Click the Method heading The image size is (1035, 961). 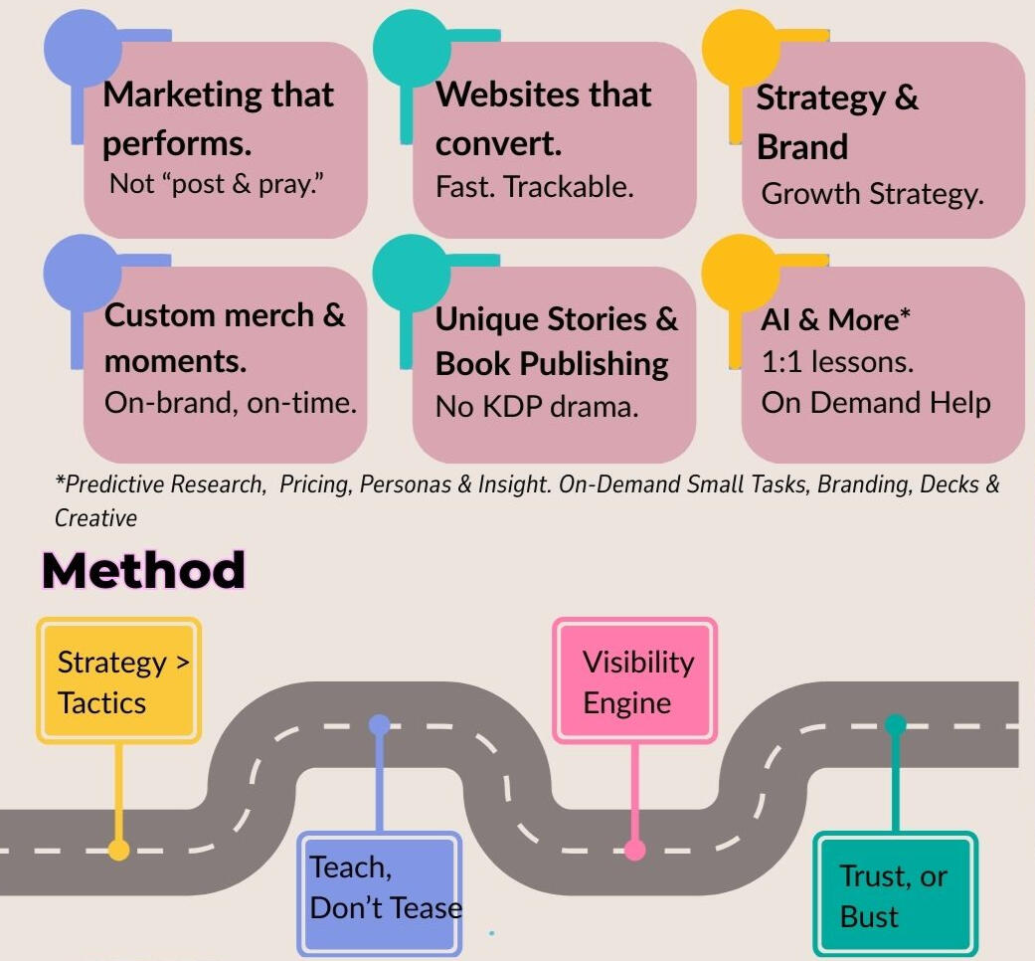tap(143, 570)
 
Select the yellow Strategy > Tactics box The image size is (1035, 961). tap(119, 681)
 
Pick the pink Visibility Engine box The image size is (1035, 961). tap(635, 681)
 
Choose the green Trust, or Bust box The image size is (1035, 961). tap(895, 894)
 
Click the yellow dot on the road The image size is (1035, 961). tap(118, 850)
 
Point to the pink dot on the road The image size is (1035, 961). tap(634, 851)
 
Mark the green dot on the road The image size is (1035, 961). tap(895, 724)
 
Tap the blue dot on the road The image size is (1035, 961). tap(380, 724)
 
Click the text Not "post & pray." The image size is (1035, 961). tap(216, 185)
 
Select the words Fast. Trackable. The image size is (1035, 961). tap(534, 186)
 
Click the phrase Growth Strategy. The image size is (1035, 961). tap(872, 193)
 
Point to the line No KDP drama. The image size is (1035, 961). tap(537, 406)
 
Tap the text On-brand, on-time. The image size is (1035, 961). tap(230, 404)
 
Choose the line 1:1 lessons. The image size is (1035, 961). tap(836, 361)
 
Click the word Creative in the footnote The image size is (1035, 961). tap(95, 518)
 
